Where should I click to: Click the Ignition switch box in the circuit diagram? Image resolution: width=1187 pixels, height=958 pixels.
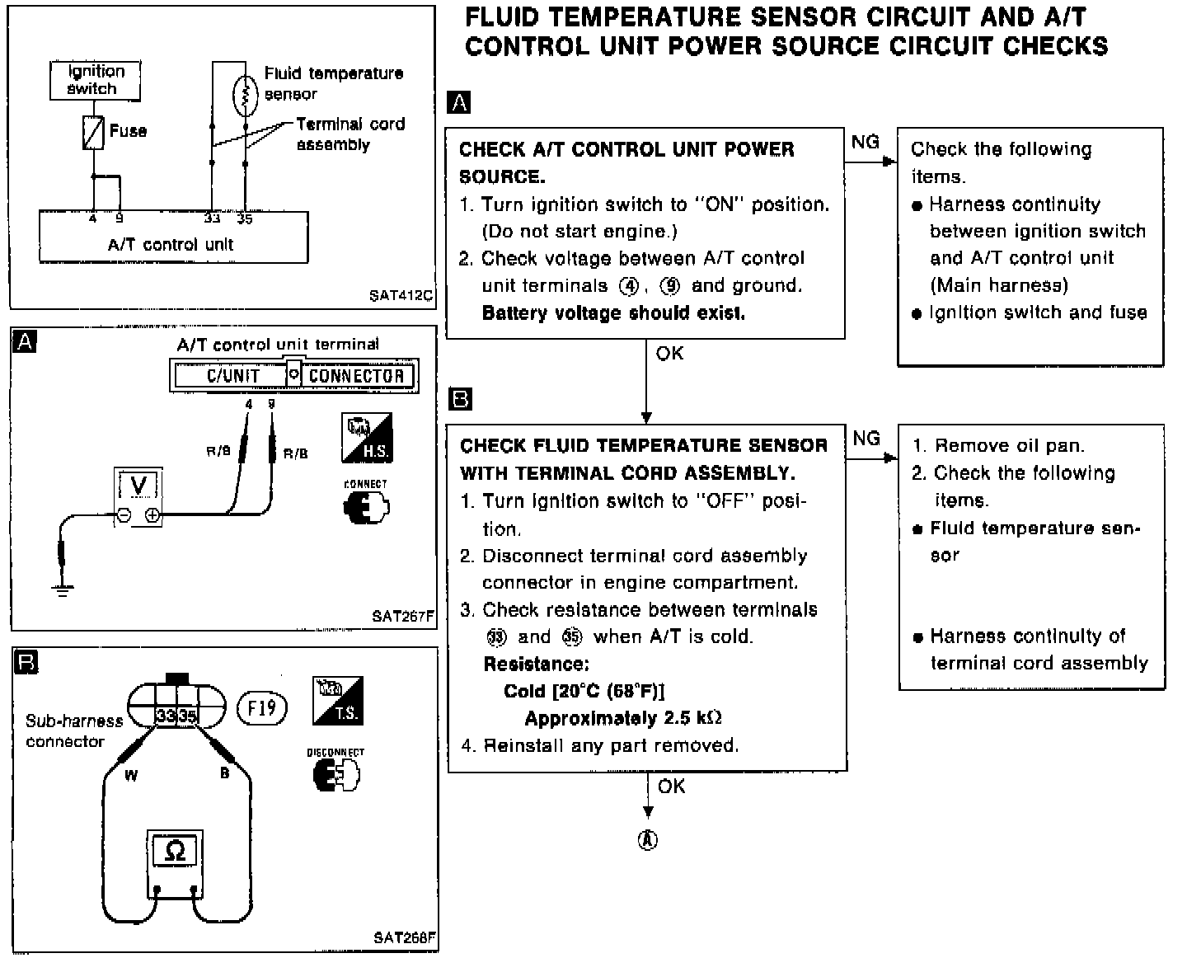(x=94, y=81)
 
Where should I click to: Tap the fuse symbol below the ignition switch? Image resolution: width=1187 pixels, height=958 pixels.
(x=93, y=132)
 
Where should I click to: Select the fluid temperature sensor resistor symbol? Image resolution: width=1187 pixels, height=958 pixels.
(x=245, y=94)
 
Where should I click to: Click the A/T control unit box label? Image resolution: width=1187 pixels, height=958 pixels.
(x=171, y=244)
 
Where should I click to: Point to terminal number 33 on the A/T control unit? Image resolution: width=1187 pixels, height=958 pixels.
(x=213, y=219)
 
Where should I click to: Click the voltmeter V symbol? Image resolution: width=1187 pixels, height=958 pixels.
(x=138, y=486)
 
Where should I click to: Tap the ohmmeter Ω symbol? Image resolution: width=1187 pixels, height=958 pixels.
(x=175, y=850)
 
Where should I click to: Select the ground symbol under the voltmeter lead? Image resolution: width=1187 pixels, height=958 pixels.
(x=62, y=589)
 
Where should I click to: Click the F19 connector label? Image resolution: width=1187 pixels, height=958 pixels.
(x=261, y=707)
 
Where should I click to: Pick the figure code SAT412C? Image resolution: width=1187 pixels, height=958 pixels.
(x=401, y=294)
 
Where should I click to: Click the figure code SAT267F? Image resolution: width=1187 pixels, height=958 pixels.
(x=402, y=615)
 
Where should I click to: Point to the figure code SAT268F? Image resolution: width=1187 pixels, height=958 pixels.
(x=404, y=937)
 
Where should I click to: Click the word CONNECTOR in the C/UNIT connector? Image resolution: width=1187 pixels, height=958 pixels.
(x=356, y=376)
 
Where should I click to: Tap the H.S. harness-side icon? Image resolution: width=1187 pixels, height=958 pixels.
(x=366, y=438)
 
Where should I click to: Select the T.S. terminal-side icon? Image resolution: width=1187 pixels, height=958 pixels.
(x=338, y=700)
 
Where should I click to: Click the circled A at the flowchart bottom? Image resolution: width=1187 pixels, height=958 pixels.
(x=649, y=840)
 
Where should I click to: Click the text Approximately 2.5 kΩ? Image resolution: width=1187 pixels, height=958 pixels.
(x=623, y=718)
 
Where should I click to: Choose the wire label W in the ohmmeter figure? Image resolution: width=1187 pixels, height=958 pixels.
(x=131, y=775)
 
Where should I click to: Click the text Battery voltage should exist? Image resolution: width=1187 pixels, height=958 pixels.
(x=613, y=313)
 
